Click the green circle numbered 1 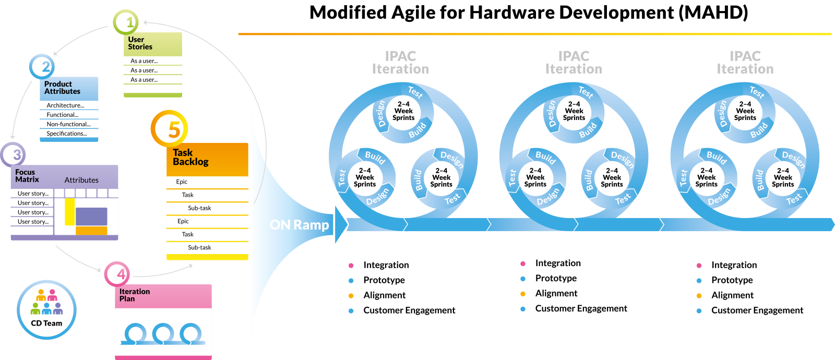coord(126,22)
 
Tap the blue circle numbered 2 coord(42,67)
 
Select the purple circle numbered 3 coord(13,154)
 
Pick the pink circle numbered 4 coord(117,274)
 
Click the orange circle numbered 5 coord(169,128)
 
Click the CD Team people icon coord(46,303)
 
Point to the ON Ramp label coord(299,225)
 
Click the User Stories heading coord(140,43)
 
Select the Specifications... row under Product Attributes coord(67,134)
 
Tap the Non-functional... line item coord(68,124)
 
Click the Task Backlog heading coord(190,157)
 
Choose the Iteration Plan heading coord(135,295)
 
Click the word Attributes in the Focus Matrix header coord(81,180)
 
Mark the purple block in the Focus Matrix coord(91,216)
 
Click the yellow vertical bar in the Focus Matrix coord(69,211)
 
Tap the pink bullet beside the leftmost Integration coord(351,266)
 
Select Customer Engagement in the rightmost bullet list coord(757,310)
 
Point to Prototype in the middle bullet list coord(556,279)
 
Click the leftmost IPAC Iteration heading coord(400,63)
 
